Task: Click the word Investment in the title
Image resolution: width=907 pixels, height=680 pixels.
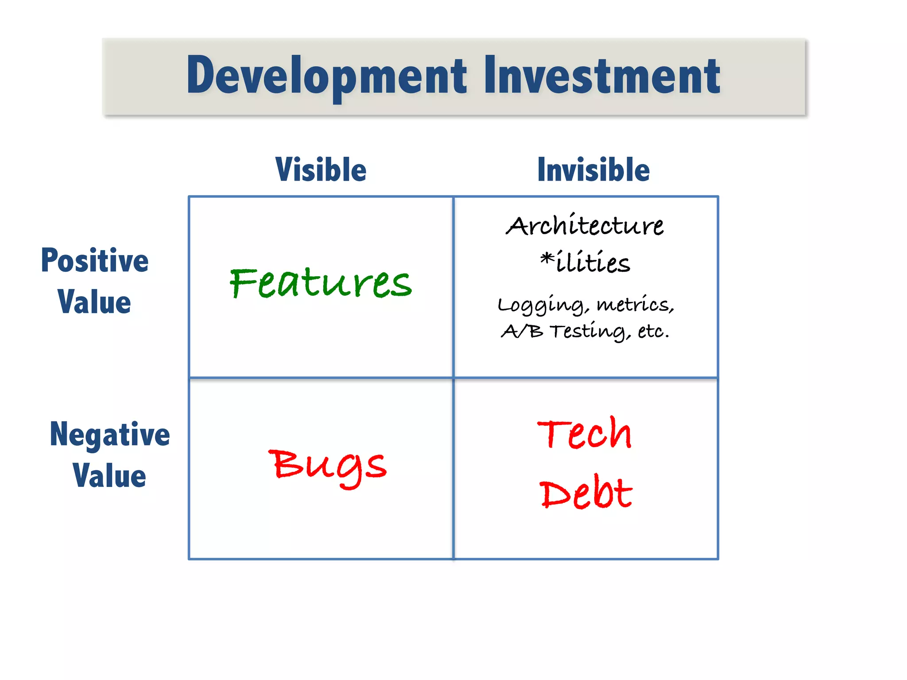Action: (602, 76)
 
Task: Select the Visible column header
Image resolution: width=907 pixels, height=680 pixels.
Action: (321, 170)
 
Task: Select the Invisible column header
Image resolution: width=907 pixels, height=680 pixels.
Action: (593, 170)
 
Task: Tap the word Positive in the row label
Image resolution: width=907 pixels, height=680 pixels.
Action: (95, 261)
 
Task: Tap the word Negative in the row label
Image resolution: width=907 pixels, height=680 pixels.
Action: (109, 435)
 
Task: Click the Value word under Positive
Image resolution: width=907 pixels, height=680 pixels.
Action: (94, 302)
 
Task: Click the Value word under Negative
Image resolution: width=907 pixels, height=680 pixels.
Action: (109, 476)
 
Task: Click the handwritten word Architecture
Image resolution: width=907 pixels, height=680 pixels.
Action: (585, 226)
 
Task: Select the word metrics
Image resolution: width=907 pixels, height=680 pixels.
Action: (635, 305)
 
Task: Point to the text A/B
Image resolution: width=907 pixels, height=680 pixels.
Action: (522, 331)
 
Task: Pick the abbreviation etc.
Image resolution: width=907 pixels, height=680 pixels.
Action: (653, 331)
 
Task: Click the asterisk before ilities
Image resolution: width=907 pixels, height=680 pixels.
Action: (547, 258)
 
